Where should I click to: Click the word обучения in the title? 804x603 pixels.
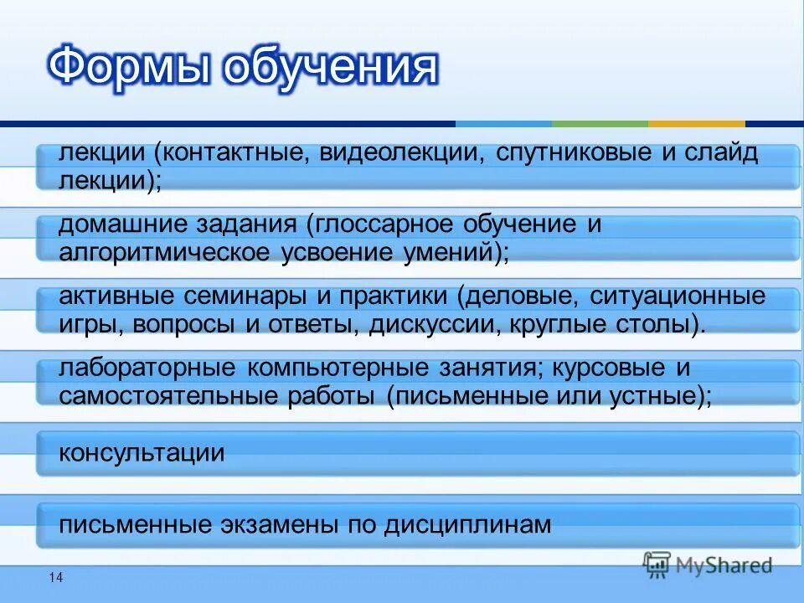(x=330, y=70)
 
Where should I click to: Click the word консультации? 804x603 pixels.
(x=142, y=453)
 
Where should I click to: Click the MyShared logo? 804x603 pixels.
(x=708, y=564)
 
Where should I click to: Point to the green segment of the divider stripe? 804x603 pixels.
(x=600, y=124)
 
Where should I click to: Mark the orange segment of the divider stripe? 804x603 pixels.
(x=696, y=124)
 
